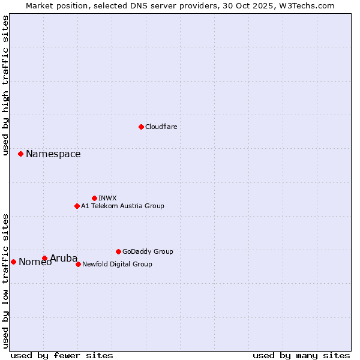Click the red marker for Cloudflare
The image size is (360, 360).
click(141, 127)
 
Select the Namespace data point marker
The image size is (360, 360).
click(20, 154)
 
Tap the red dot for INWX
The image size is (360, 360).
click(94, 198)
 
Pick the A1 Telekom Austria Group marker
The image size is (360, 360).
click(77, 206)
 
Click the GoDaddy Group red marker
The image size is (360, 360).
click(118, 251)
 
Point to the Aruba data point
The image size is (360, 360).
click(44, 258)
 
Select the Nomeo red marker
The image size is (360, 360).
click(13, 262)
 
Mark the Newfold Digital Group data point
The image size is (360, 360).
click(78, 264)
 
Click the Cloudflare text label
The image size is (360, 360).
click(161, 127)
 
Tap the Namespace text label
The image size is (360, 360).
click(53, 154)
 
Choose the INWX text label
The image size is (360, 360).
click(107, 198)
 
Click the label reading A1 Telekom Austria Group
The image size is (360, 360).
click(122, 206)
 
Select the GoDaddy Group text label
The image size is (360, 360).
click(148, 251)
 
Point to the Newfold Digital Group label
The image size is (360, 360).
click(117, 264)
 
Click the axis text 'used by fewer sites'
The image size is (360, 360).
click(62, 355)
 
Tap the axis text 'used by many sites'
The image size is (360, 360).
click(301, 355)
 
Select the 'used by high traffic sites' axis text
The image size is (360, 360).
click(5, 85)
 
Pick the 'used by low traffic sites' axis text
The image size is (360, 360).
click(5, 281)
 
